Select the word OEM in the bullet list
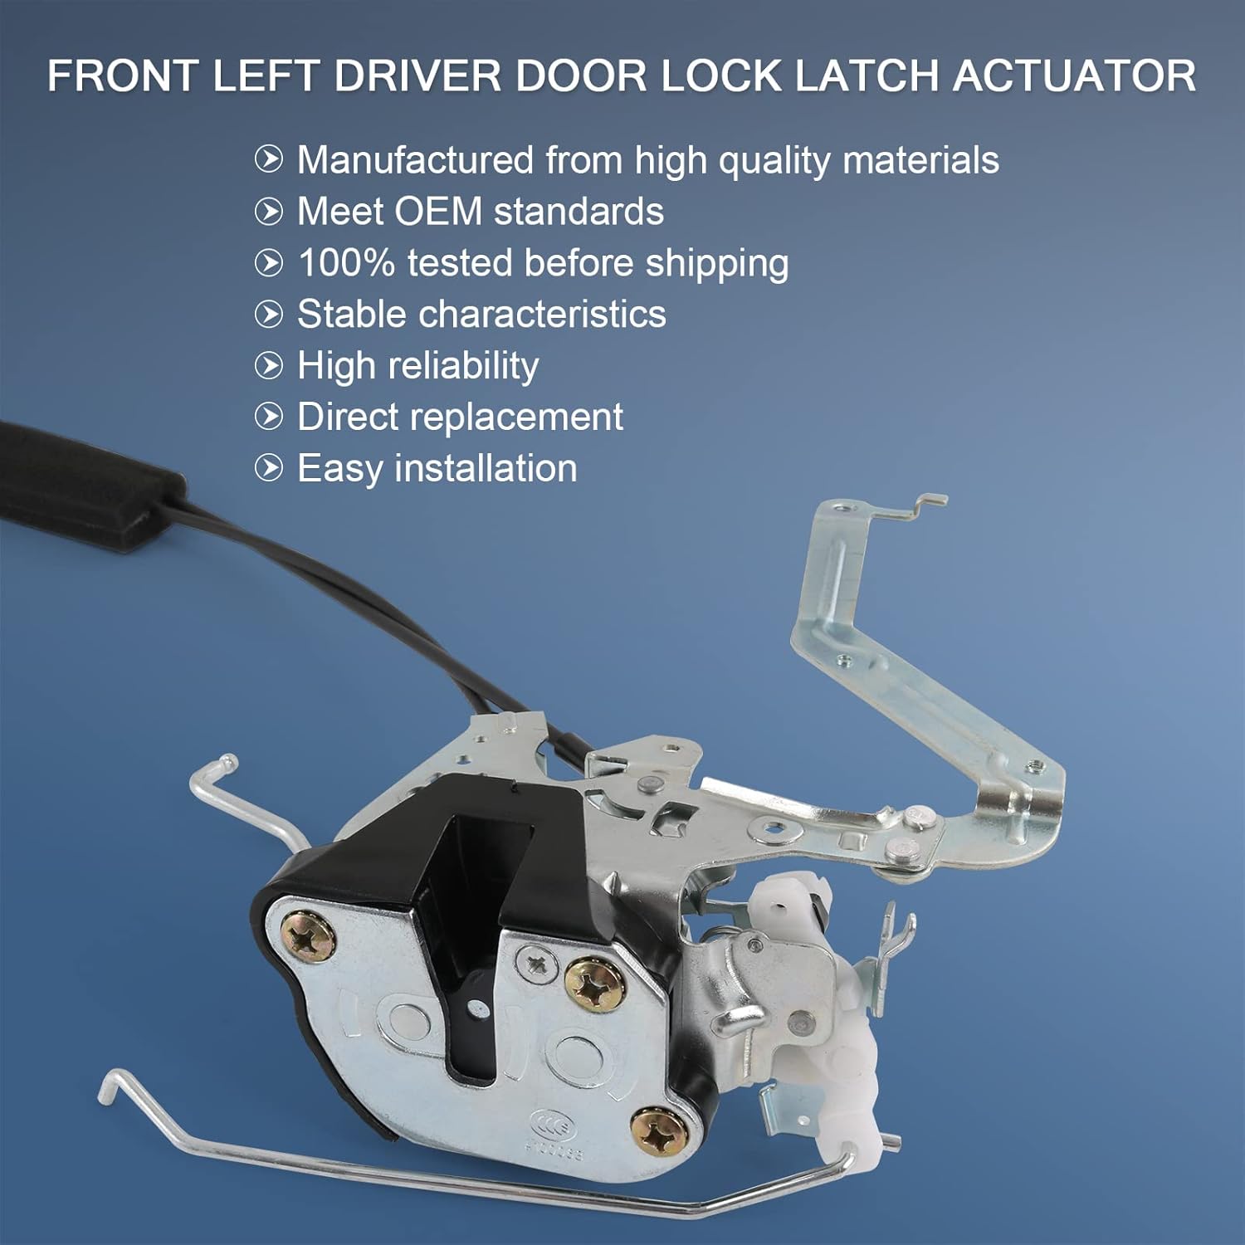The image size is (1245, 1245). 437,212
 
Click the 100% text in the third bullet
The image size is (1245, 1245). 346,263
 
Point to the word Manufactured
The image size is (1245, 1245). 415,160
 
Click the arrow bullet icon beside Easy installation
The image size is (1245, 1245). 269,468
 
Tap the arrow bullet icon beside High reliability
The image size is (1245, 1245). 269,365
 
